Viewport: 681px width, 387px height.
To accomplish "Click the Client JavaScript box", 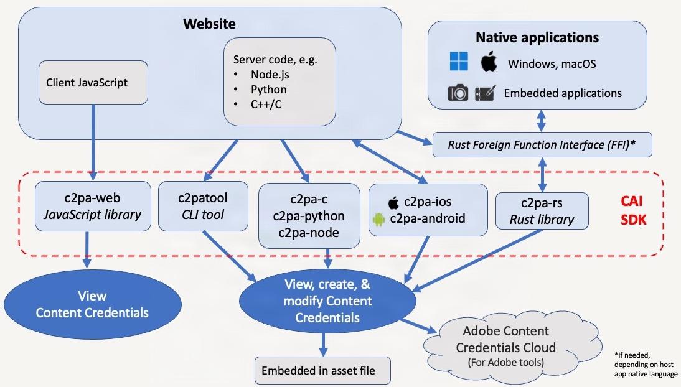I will [93, 82].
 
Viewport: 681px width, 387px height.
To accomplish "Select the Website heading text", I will [209, 24].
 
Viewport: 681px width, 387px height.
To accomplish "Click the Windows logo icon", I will [459, 62].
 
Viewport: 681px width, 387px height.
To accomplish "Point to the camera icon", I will [458, 93].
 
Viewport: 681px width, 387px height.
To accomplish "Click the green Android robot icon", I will [378, 218].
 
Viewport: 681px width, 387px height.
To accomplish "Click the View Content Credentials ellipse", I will [92, 304].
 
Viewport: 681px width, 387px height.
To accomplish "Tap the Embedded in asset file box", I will [323, 370].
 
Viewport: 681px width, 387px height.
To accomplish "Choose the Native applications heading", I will [537, 37].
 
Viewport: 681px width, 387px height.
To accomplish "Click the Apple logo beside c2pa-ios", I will [393, 202].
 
